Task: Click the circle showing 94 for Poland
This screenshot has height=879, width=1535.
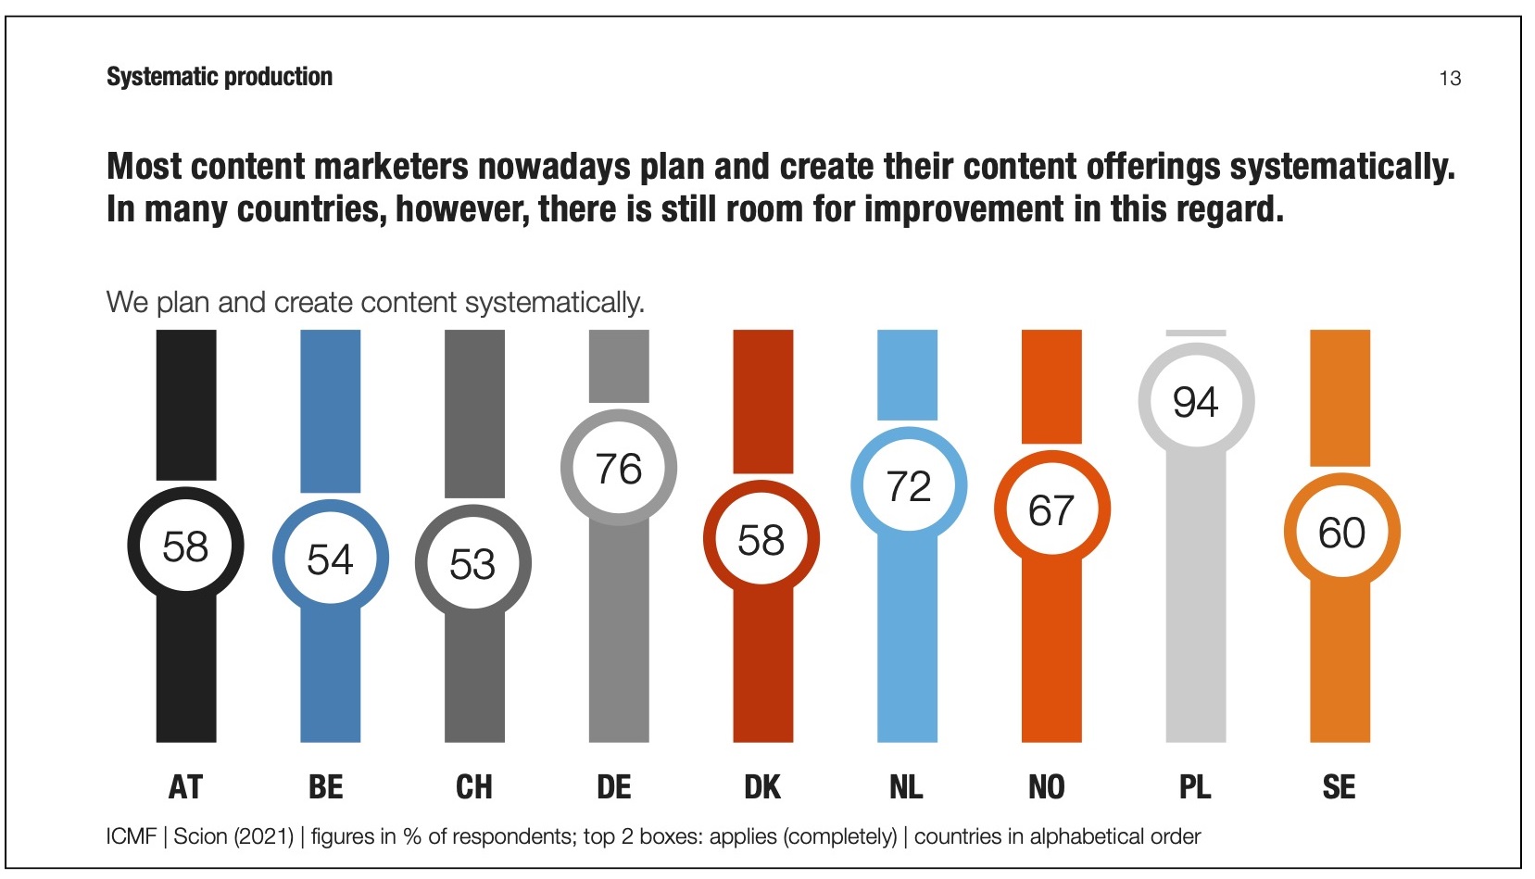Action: (x=1195, y=401)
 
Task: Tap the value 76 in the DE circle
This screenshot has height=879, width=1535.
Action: (x=619, y=469)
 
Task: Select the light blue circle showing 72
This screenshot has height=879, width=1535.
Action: (x=908, y=486)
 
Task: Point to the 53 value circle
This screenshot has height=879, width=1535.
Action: (x=472, y=563)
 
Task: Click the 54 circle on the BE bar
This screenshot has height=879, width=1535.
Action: (x=330, y=559)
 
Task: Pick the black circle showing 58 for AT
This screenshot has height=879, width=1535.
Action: (x=185, y=546)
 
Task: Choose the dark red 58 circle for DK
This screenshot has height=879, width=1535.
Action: (x=761, y=540)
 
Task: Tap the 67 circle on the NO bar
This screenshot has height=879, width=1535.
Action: (x=1051, y=510)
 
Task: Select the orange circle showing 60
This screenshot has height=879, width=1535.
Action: (x=1340, y=533)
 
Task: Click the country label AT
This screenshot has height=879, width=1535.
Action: (x=185, y=787)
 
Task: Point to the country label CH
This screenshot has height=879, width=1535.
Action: (x=473, y=787)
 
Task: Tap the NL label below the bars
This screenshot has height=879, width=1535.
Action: (x=906, y=787)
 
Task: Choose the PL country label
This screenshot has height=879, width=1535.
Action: (x=1194, y=787)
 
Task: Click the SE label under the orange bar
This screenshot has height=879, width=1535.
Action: (x=1339, y=787)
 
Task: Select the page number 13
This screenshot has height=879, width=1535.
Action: (x=1450, y=79)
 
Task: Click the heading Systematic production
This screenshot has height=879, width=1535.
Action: (x=220, y=77)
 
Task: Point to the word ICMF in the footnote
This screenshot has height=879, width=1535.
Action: (x=131, y=836)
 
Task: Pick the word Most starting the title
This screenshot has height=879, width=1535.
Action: (x=145, y=167)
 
